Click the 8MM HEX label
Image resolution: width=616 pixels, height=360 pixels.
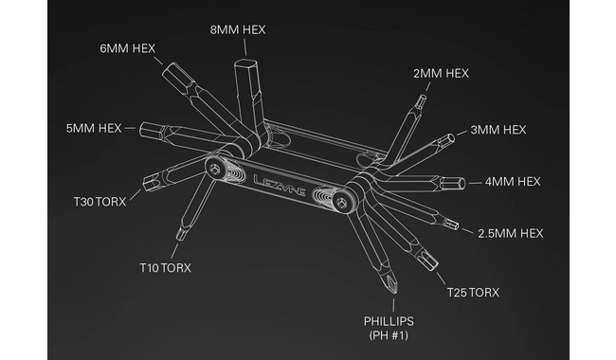(238, 29)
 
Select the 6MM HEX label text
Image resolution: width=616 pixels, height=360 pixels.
(128, 48)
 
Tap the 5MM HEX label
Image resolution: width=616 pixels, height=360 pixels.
(94, 129)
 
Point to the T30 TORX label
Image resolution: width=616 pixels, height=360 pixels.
(100, 202)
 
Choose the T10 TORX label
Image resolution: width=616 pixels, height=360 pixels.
(166, 268)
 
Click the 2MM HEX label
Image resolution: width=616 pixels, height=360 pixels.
(441, 73)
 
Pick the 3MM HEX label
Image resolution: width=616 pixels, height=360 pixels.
(498, 130)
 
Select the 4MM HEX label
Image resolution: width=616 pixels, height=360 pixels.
(513, 182)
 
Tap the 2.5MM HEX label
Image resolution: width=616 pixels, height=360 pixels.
(511, 234)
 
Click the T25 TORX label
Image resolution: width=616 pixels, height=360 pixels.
(473, 293)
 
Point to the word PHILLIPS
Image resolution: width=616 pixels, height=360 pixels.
(389, 321)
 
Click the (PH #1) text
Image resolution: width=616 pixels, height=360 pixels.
(389, 335)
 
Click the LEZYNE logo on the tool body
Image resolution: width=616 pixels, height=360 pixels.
(280, 186)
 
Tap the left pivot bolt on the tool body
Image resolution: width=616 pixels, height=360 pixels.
(214, 169)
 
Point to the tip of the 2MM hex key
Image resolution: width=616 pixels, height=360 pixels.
(423, 97)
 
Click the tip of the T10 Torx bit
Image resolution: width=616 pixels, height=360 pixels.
(180, 236)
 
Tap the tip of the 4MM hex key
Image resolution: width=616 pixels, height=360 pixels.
(462, 184)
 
